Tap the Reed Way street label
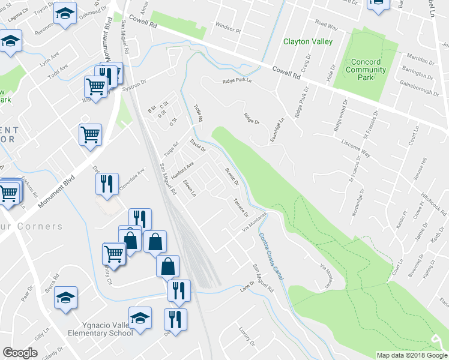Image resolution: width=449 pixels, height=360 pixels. tap(327, 25)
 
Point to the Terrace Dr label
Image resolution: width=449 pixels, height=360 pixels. tap(241, 207)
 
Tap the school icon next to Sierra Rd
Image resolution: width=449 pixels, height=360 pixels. tap(66, 296)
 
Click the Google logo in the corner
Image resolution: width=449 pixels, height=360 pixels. tap(20, 353)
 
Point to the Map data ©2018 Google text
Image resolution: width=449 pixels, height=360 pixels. tap(411, 355)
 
